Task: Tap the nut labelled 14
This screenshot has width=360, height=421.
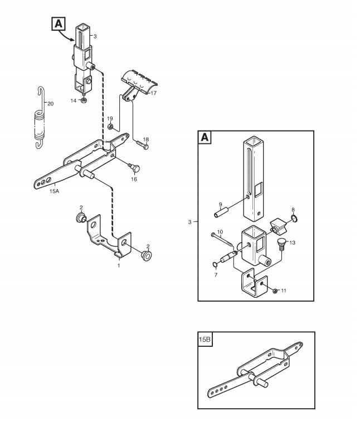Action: (84, 100)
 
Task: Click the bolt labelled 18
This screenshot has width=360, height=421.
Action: (142, 145)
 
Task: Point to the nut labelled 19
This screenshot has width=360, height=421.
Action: (110, 127)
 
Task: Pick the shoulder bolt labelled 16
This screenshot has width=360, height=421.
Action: (134, 168)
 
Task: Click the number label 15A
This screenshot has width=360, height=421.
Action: (54, 191)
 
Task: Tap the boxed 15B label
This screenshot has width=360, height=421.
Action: (205, 339)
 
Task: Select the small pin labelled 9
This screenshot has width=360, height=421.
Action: (221, 213)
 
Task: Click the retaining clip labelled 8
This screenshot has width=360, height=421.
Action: (295, 218)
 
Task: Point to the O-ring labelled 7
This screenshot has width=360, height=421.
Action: (215, 265)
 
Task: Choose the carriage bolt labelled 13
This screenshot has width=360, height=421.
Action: (281, 244)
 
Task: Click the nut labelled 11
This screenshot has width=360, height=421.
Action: (275, 291)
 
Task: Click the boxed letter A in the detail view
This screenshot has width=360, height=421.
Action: (205, 137)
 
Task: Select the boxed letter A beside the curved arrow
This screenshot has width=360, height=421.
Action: (58, 23)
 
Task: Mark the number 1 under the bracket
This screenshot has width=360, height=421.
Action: (119, 265)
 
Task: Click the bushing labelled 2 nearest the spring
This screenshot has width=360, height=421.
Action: (81, 217)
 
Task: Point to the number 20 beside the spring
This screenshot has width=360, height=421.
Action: (50, 104)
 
